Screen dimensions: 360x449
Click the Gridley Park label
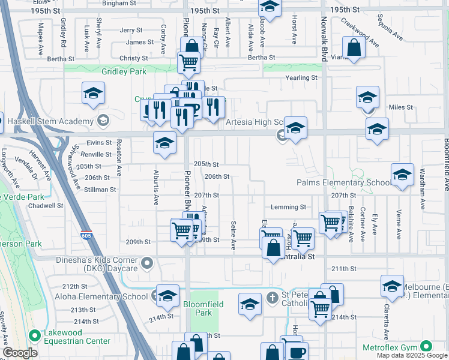pyautogui.click(x=124, y=71)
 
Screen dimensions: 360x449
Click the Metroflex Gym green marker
pyautogui.click(x=426, y=346)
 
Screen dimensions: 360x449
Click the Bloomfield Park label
pyautogui.click(x=203, y=308)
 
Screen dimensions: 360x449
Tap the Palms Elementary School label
pyautogui.click(x=344, y=183)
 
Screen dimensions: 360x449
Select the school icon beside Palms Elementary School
pyautogui.click(x=402, y=175)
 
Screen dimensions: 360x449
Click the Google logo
pyautogui.click(x=20, y=353)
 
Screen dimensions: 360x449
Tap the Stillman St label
pyautogui.click(x=100, y=190)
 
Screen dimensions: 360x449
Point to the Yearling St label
pyautogui.click(x=301, y=78)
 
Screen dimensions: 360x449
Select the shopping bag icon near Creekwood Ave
pyautogui.click(x=354, y=49)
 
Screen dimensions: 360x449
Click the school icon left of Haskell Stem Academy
pyautogui.click(x=92, y=94)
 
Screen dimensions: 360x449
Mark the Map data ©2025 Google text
pyautogui.click(x=412, y=355)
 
